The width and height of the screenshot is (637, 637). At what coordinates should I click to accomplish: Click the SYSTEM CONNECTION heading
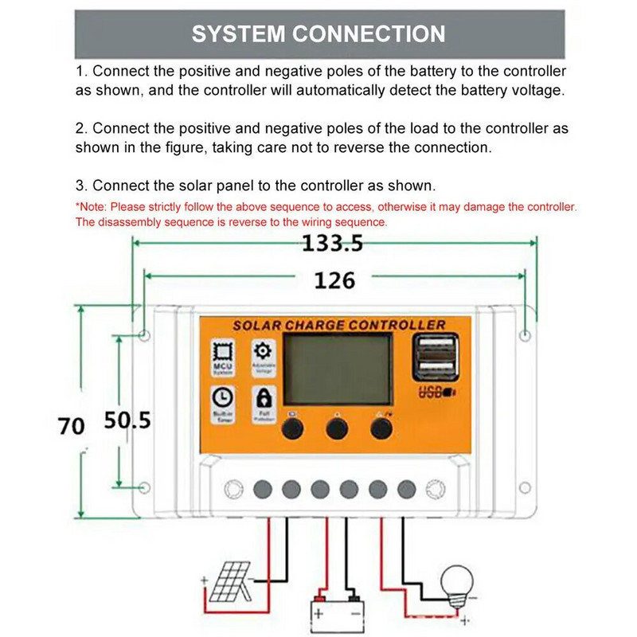pyautogui.click(x=318, y=34)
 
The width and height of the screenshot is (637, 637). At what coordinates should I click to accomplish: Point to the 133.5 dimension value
pyautogui.click(x=332, y=244)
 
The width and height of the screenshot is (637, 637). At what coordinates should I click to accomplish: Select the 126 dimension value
pyautogui.click(x=334, y=280)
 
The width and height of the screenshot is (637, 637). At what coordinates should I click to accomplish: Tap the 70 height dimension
pyautogui.click(x=70, y=426)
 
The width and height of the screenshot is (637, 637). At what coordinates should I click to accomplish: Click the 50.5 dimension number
pyautogui.click(x=127, y=420)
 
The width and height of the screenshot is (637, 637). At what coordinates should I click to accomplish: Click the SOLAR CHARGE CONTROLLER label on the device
pyautogui.click(x=338, y=325)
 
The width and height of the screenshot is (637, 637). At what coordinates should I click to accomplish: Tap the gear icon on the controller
pyautogui.click(x=263, y=352)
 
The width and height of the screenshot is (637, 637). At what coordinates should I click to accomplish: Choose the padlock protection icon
pyautogui.click(x=263, y=397)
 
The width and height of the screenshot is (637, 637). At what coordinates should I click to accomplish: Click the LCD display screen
pyautogui.click(x=338, y=369)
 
